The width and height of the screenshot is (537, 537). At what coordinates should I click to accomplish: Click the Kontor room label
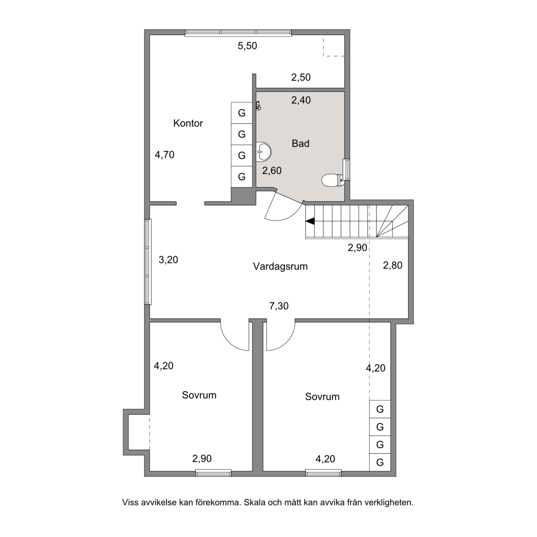188,123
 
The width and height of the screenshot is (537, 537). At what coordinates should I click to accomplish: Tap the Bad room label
301,144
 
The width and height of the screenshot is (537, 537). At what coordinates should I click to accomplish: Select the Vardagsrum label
280,267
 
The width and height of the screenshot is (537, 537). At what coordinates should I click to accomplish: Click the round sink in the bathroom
264,151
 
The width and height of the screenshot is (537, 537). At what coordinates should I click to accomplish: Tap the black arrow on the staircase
310,221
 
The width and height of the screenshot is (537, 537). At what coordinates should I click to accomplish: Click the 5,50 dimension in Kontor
247,46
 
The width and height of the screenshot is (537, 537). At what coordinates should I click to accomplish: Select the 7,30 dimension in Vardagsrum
279,306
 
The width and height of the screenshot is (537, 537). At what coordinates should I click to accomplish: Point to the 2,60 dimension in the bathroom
272,171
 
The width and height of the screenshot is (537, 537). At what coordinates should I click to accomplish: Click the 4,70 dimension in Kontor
165,155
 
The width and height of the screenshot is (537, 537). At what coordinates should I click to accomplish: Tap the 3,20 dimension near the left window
168,260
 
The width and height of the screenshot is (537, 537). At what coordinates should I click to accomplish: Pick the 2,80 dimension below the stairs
392,265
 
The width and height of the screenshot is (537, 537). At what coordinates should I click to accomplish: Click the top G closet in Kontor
242,113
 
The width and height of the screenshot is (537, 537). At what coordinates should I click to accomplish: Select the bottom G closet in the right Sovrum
380,462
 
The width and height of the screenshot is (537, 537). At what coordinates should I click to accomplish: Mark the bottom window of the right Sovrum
324,473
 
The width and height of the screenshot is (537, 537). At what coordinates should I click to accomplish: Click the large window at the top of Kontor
238,33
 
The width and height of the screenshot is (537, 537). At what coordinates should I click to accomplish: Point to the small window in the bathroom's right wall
347,170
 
